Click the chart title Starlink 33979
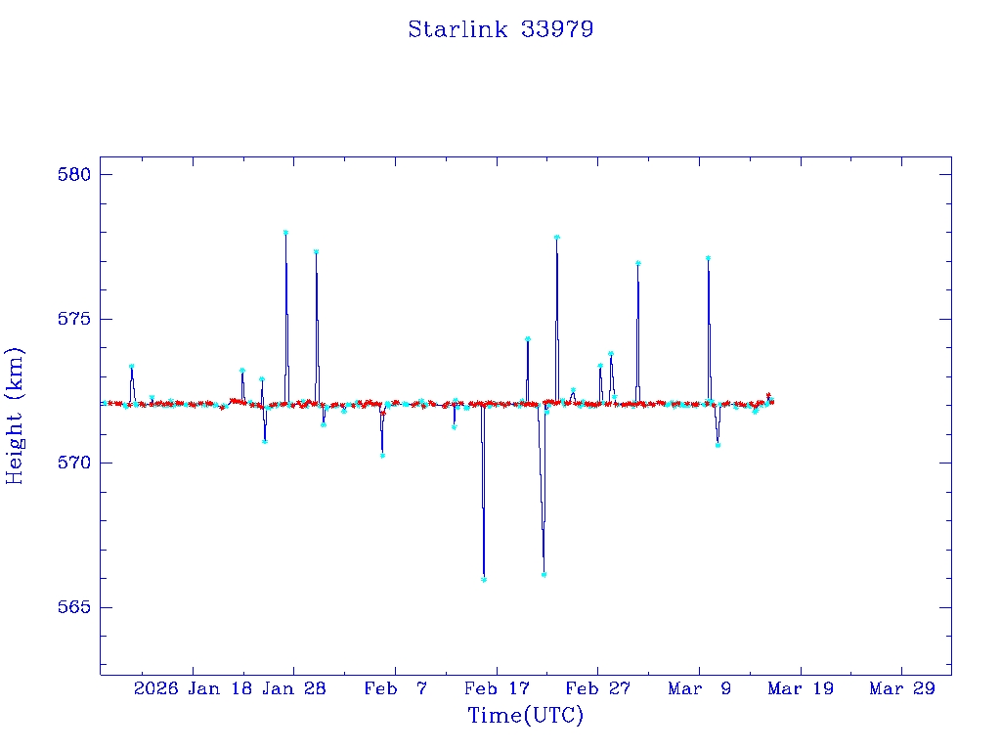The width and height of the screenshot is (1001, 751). [500, 29]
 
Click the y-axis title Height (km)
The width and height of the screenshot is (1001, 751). [15, 416]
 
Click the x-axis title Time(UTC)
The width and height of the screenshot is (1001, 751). [526, 716]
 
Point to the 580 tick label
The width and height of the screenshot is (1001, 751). [74, 175]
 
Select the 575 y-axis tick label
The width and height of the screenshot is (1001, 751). [74, 319]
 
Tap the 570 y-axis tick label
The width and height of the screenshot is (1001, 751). [74, 463]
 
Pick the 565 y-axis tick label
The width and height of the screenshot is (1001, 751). [74, 607]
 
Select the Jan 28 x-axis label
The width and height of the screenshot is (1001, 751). [295, 688]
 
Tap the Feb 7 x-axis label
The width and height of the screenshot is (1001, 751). [395, 688]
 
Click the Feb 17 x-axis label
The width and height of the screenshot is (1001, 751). [498, 688]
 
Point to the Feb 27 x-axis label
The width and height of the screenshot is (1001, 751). [598, 688]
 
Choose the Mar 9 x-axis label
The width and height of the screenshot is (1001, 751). [700, 688]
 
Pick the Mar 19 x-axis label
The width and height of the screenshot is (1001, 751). [802, 688]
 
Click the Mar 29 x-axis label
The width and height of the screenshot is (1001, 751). [902, 688]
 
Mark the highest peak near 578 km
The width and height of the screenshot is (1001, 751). [285, 233]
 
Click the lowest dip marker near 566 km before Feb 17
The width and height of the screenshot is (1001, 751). [484, 579]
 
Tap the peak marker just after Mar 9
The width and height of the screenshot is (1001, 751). [708, 258]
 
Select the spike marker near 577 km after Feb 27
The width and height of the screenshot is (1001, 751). [637, 263]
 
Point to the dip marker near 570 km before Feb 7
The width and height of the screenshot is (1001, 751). [382, 455]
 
